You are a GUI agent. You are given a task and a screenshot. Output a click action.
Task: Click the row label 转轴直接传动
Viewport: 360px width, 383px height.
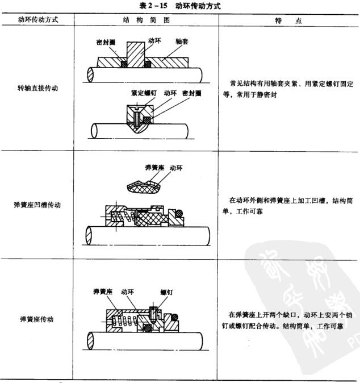click(x=37, y=89)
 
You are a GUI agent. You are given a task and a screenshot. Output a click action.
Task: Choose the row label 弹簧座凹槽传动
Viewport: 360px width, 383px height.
click(x=37, y=205)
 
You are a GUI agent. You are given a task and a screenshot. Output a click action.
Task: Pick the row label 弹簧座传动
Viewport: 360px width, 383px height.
click(x=37, y=319)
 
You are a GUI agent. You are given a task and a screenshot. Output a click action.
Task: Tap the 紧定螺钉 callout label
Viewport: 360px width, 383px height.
click(x=143, y=92)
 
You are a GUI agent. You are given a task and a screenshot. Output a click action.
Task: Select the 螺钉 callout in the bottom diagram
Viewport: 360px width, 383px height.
click(x=166, y=291)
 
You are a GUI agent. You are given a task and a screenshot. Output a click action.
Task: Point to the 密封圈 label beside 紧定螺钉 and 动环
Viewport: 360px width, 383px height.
click(x=192, y=92)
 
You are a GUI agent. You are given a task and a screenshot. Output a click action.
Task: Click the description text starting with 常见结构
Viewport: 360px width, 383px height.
click(x=288, y=89)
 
